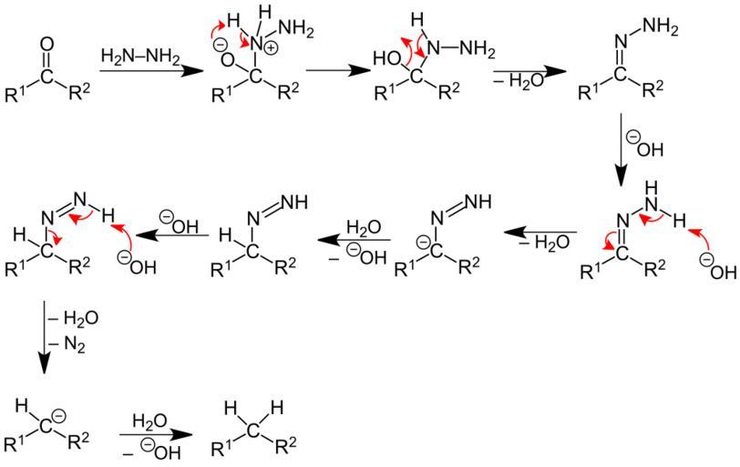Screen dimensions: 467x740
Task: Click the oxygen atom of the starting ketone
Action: [48, 43]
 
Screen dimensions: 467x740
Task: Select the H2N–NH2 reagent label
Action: [140, 57]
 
